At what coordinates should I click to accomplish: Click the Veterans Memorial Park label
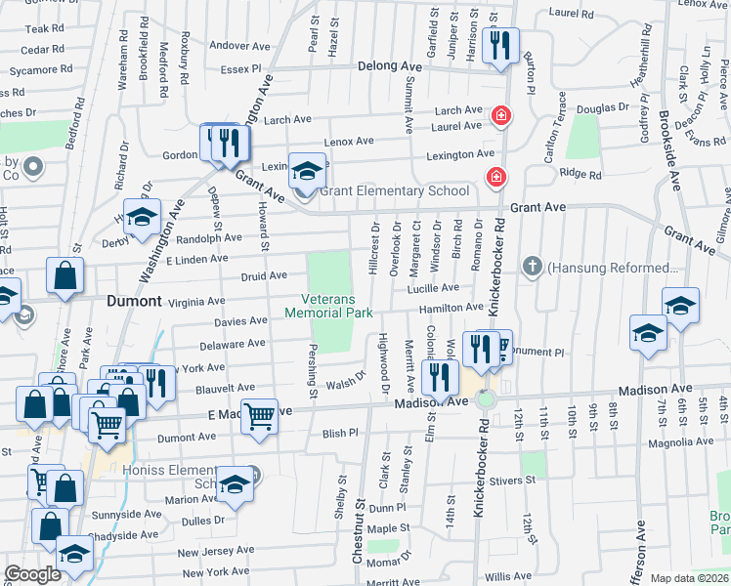(328, 306)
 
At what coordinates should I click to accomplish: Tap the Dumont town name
(133, 302)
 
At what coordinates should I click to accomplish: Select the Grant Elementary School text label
(387, 191)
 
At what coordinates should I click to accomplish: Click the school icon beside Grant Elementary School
(307, 172)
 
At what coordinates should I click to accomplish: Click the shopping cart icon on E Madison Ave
(260, 416)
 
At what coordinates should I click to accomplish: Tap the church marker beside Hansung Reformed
(532, 267)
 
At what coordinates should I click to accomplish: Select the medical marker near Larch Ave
(501, 116)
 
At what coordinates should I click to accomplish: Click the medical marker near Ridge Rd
(496, 177)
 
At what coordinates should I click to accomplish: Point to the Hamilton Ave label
(451, 307)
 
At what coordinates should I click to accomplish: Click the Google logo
(32, 574)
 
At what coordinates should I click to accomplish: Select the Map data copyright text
(688, 578)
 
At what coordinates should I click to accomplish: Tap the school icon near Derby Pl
(143, 217)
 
